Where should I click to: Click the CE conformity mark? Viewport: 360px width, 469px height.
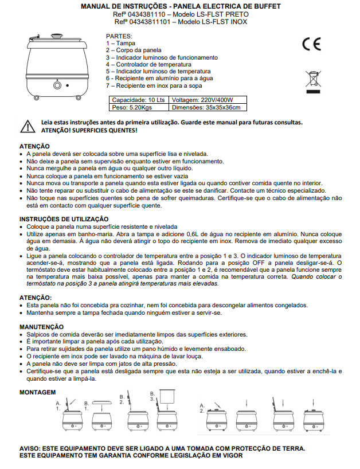click(312, 44)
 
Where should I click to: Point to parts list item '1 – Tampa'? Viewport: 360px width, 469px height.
click(121, 44)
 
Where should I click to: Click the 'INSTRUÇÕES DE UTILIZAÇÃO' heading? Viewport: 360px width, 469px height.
click(64, 219)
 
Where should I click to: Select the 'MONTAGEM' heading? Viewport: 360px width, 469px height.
click(38, 392)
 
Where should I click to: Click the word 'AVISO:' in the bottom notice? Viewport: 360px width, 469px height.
click(30, 448)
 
